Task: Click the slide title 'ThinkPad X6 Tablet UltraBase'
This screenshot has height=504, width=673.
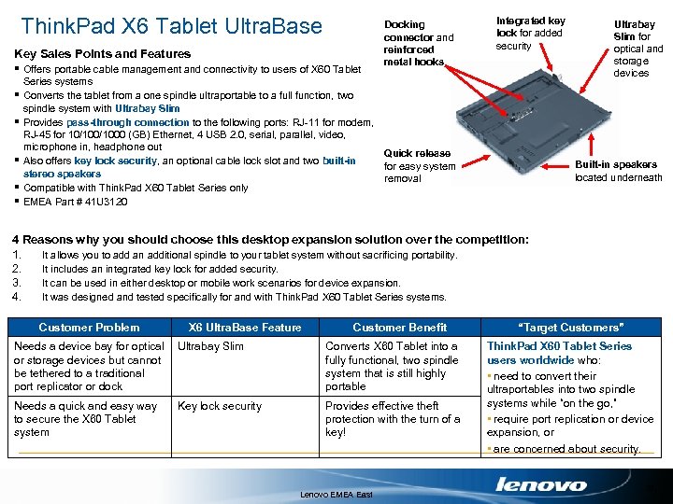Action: point(171,25)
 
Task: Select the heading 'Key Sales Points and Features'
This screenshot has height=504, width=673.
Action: point(103,54)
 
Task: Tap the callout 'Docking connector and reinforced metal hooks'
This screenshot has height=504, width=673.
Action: point(419,43)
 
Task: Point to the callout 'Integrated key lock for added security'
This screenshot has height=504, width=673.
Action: point(530,33)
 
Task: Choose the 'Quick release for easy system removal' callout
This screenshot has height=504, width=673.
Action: point(420,166)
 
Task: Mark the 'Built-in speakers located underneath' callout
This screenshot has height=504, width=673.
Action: point(618,171)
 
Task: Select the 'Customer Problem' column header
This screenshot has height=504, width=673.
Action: point(89,328)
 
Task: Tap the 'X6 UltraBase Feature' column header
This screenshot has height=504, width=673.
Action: point(245,328)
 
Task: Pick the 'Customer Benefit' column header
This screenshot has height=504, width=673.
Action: point(399,328)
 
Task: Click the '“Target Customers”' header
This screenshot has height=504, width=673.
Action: point(570,328)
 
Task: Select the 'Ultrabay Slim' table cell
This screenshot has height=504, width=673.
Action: point(210,346)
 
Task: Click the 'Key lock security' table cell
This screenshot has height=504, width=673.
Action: point(220,406)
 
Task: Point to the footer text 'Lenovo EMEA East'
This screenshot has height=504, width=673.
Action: point(336,495)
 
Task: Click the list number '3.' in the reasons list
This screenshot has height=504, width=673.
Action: point(16,283)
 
